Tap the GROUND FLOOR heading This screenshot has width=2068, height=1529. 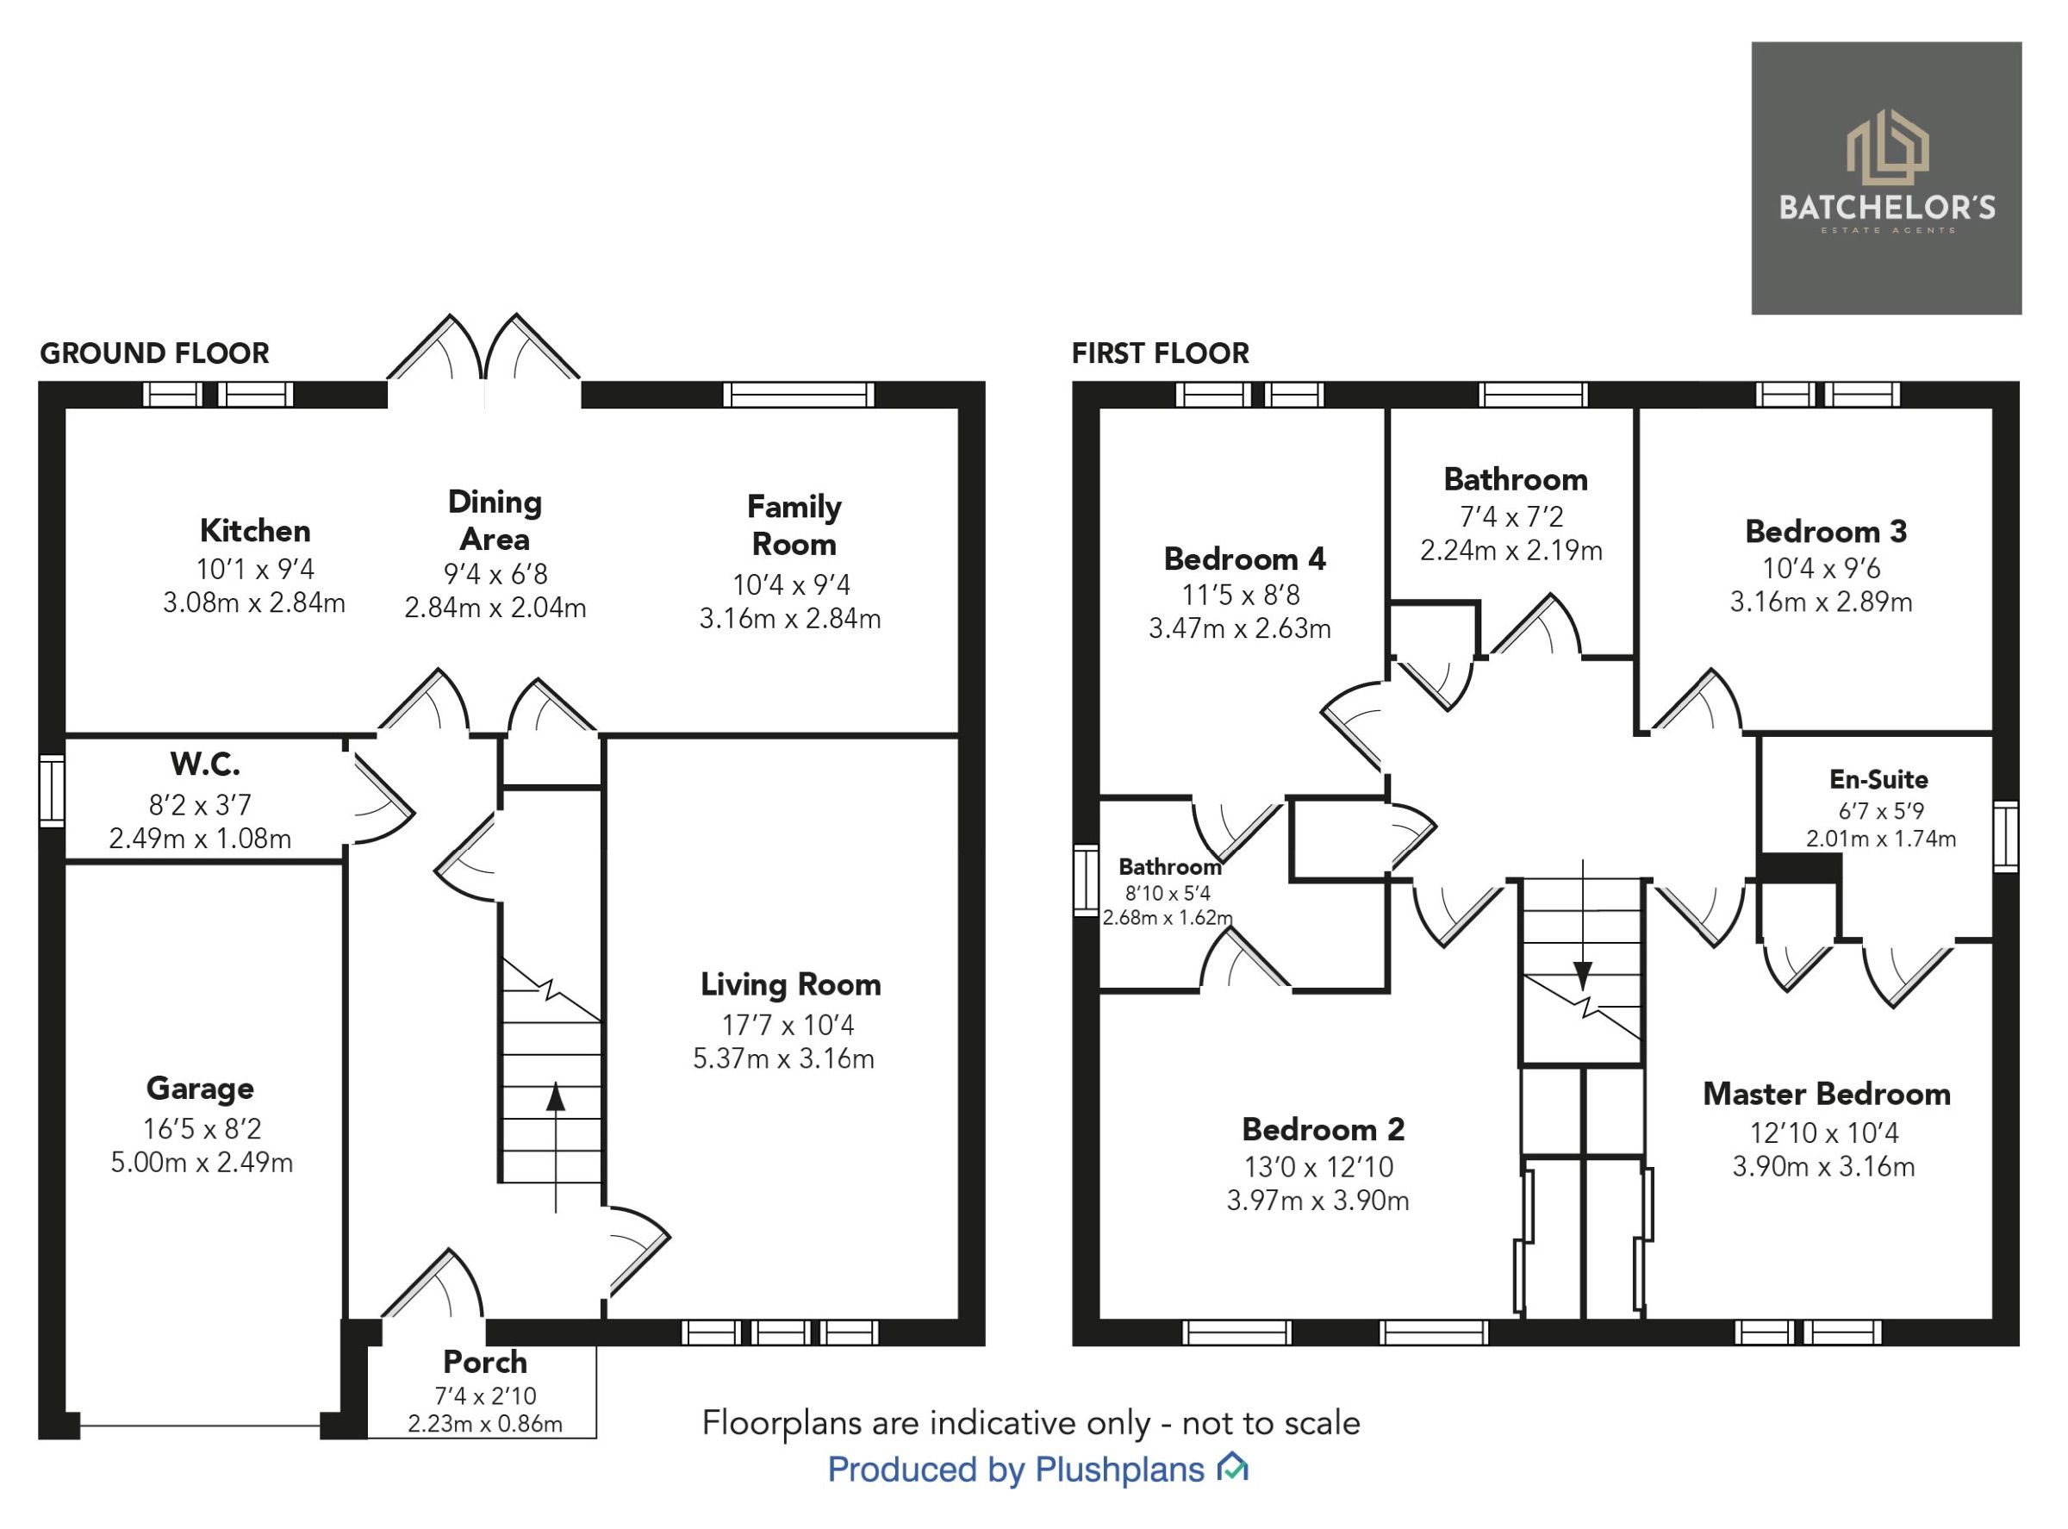[x=154, y=353]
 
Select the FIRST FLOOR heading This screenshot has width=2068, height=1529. [x=1161, y=353]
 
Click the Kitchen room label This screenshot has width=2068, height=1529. [x=255, y=531]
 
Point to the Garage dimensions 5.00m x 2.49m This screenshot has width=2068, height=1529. [x=202, y=1163]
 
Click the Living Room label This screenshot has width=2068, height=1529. [x=790, y=985]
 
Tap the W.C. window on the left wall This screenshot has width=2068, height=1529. [x=52, y=790]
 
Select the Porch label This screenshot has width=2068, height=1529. [x=485, y=1363]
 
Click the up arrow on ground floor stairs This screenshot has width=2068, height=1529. [x=555, y=1098]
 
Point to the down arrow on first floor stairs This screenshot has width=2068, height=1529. [x=1583, y=975]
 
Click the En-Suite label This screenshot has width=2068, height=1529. [x=1878, y=779]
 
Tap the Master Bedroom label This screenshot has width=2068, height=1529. [x=1827, y=1094]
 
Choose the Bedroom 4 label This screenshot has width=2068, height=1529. [x=1244, y=559]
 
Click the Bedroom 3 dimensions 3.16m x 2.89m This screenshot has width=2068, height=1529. [x=1821, y=602]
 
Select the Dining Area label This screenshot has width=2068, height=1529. [x=495, y=521]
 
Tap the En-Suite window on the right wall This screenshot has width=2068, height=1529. [x=2005, y=837]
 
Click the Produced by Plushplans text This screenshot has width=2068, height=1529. [x=1015, y=1470]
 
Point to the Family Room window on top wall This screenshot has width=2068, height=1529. [x=798, y=396]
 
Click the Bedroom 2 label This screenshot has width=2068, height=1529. [x=1324, y=1129]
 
